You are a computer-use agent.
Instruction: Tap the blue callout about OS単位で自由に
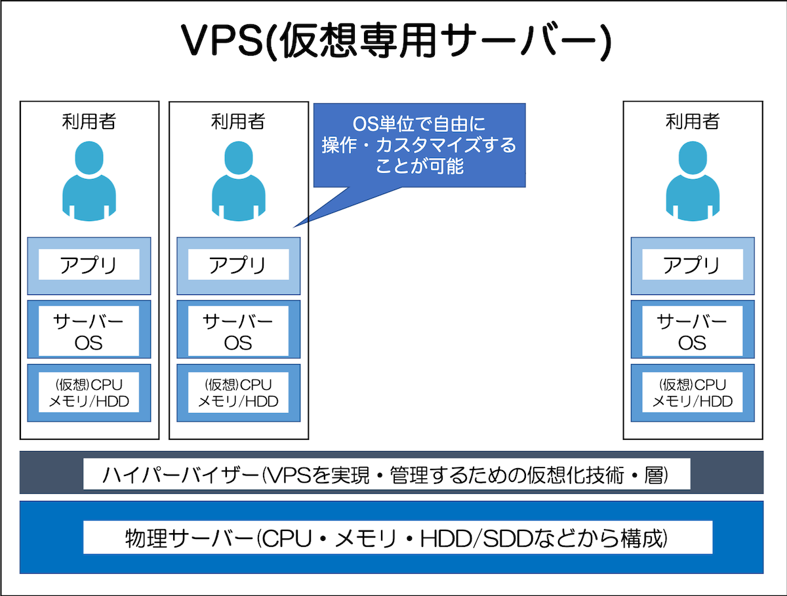(x=419, y=145)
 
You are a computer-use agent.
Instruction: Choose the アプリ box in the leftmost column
(x=89, y=266)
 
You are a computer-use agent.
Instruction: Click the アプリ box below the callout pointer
(x=239, y=266)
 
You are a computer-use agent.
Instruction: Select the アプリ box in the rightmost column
(x=693, y=266)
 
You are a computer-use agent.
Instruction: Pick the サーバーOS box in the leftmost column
(x=89, y=331)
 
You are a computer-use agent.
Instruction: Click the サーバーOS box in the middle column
(x=239, y=331)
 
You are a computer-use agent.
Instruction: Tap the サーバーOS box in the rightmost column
(x=693, y=331)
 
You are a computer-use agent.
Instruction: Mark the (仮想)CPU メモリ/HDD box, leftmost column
(x=89, y=393)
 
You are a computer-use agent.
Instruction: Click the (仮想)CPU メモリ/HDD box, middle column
(x=239, y=393)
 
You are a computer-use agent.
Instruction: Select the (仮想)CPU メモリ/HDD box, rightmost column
(x=693, y=393)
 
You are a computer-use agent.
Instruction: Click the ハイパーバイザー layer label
(x=387, y=473)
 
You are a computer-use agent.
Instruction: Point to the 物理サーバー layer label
(x=397, y=538)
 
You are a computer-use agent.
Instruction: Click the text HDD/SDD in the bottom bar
(x=468, y=538)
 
